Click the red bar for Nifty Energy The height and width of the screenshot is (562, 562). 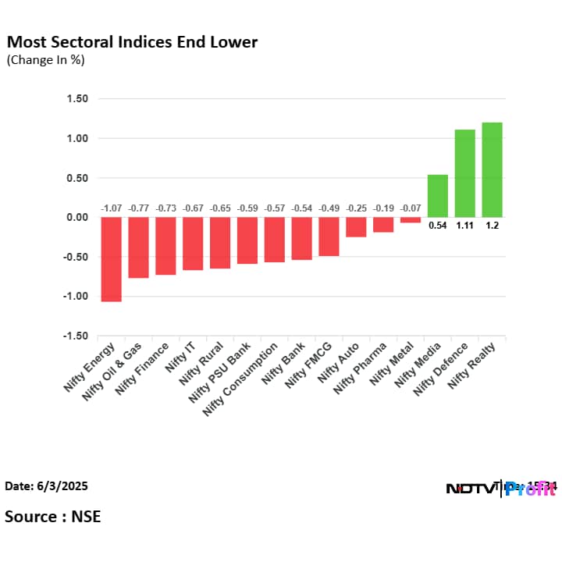[x=112, y=259]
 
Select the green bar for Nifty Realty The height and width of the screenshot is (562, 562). [x=492, y=169]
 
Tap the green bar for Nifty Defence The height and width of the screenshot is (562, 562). [x=465, y=173]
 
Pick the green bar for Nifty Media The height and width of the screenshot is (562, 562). [x=438, y=196]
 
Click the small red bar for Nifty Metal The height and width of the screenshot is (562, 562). [x=411, y=220]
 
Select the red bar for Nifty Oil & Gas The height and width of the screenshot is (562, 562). [x=139, y=247]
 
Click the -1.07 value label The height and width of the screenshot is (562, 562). [x=112, y=208]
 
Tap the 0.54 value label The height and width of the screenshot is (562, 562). [x=438, y=226]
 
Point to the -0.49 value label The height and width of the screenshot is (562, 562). [x=329, y=208]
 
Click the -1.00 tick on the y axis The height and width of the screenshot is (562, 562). [x=76, y=297]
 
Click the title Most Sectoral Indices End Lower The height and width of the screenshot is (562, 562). [x=132, y=41]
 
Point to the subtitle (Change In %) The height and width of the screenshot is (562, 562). [x=45, y=59]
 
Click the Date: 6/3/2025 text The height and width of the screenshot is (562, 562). [x=46, y=486]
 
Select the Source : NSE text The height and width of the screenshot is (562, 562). [x=52, y=516]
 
